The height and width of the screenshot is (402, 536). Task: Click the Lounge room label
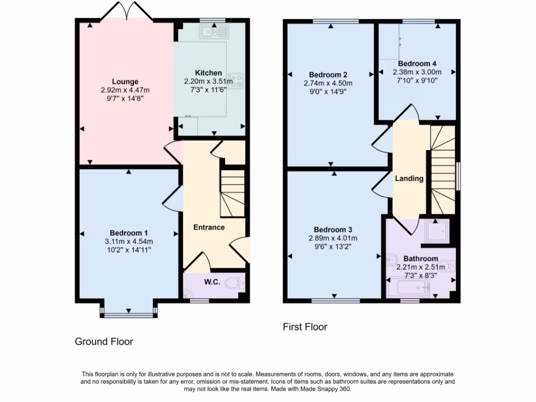pos(125,82)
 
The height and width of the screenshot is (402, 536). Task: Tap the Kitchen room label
pos(208,73)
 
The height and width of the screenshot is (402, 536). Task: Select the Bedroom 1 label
pos(129,233)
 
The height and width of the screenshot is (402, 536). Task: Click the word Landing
pos(409,178)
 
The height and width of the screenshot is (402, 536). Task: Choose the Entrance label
pos(209,227)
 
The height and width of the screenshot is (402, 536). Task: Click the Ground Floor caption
pos(104,342)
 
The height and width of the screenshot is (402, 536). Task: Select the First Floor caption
pos(305,327)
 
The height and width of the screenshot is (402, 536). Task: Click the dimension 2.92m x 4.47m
pos(125,90)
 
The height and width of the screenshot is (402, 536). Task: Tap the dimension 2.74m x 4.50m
pos(328,83)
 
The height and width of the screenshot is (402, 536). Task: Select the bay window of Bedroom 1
pos(128,313)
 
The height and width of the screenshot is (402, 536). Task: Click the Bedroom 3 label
pos(333,229)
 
